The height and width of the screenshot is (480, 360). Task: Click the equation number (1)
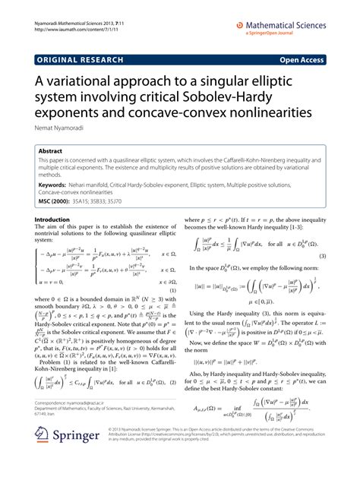(172, 289)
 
